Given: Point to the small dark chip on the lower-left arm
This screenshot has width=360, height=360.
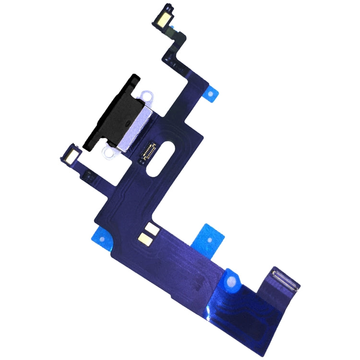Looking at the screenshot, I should point(87,177).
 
